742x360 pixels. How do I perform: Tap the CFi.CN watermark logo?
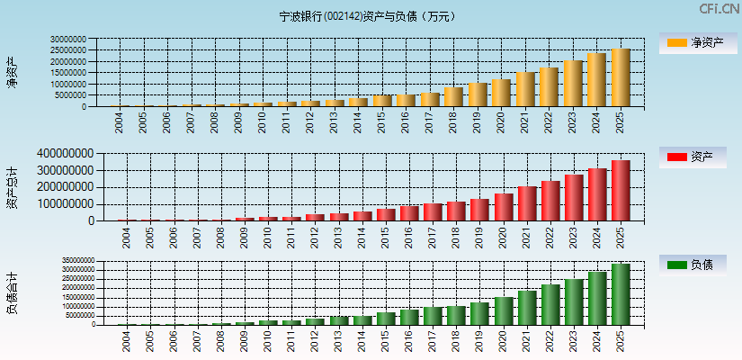(x=719, y=9)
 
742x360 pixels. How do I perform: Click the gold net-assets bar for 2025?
(x=621, y=77)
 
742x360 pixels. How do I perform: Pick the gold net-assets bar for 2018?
(x=453, y=96)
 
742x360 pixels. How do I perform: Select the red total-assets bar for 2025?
(x=621, y=190)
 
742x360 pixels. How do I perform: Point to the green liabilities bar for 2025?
(x=621, y=293)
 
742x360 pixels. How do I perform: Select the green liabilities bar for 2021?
(x=526, y=307)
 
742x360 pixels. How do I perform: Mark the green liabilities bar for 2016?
(x=409, y=317)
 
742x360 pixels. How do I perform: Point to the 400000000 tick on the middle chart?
(x=64, y=154)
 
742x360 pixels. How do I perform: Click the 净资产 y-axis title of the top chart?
(x=12, y=72)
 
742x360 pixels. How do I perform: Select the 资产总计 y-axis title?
(x=12, y=188)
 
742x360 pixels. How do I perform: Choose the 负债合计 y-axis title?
(x=12, y=293)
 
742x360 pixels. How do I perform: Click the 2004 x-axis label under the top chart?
(x=121, y=121)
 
